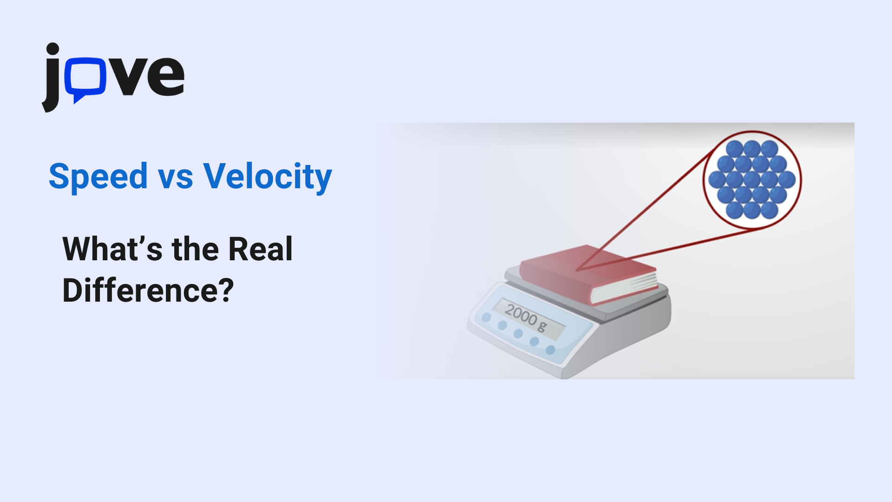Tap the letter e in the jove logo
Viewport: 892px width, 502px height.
(x=166, y=76)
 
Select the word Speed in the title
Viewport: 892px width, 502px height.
(x=98, y=177)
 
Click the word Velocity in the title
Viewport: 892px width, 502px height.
(x=268, y=177)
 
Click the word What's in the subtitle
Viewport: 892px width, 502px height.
(x=112, y=249)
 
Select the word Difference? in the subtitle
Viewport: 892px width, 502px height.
(x=148, y=291)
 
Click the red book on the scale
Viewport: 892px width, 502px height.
(x=588, y=274)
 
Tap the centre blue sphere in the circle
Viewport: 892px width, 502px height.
(x=752, y=179)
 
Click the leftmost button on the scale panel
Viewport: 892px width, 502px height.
(x=486, y=317)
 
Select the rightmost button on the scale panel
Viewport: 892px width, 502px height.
(x=551, y=350)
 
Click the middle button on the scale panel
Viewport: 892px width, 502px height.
(x=518, y=333)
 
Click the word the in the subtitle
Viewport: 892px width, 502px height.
(x=195, y=249)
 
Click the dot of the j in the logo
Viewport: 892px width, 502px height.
(x=52, y=49)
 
